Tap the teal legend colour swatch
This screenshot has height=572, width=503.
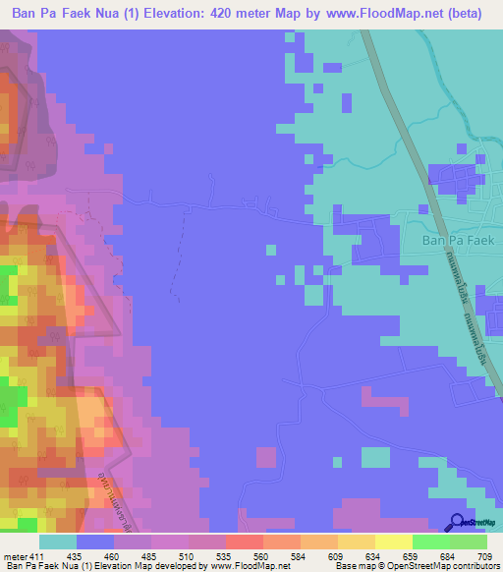(58, 542)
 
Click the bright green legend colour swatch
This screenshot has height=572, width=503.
(430, 542)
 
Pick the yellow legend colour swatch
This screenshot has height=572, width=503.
(393, 542)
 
